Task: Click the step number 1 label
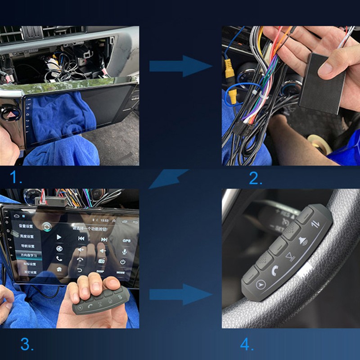16,178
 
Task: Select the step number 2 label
256,179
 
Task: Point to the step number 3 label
27,345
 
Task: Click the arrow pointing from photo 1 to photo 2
180,67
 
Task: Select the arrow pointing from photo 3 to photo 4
180,295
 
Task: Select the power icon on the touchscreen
122,261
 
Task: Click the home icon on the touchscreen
59,269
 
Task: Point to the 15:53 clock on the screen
104,221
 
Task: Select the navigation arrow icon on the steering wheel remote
260,284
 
